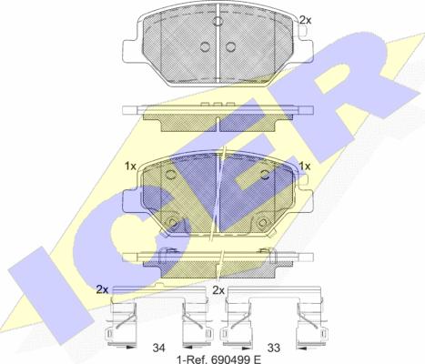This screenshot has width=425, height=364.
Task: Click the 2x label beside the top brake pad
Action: (305, 20)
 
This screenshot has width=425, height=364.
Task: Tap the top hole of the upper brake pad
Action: (218, 21)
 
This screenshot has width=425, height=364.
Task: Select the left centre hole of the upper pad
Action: (206, 46)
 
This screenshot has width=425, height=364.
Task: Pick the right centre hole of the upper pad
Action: (230, 46)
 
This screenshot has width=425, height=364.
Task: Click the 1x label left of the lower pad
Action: (131, 167)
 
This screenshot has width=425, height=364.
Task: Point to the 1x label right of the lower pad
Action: (305, 167)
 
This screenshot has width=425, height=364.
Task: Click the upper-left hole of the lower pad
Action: (170, 175)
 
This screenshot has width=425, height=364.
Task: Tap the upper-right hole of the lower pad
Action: (265, 175)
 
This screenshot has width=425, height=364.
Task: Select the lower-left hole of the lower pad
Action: (172, 223)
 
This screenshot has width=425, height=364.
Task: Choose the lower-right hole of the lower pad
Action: (262, 223)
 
